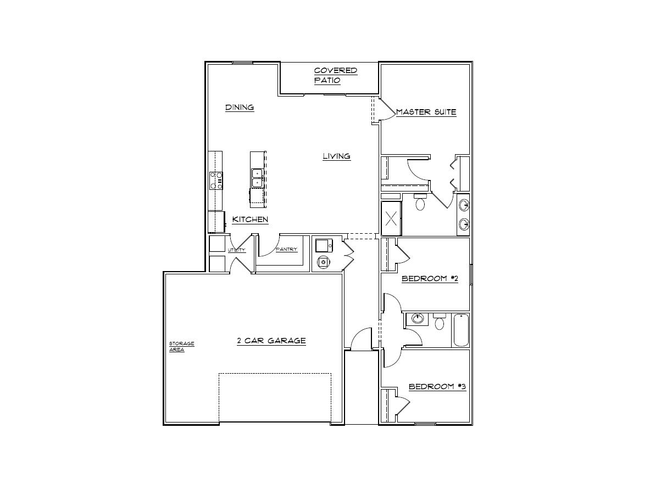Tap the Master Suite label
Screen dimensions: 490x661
(x=426, y=112)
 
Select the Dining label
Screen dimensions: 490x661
(x=240, y=107)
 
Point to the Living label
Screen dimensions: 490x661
(x=336, y=156)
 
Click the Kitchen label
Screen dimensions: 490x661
(x=250, y=219)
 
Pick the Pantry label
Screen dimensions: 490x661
(x=286, y=249)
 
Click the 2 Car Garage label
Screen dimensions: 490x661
(x=271, y=341)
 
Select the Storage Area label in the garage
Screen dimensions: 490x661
(x=181, y=346)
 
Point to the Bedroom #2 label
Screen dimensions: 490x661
(x=430, y=279)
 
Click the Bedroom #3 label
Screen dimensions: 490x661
(x=437, y=387)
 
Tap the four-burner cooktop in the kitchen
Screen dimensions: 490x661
(x=216, y=180)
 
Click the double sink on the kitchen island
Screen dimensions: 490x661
(x=257, y=178)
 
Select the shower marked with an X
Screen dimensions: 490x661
(x=391, y=219)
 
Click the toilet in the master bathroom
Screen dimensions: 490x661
(x=421, y=203)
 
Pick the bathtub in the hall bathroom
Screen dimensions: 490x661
(x=460, y=330)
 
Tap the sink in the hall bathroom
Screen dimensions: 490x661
(x=418, y=318)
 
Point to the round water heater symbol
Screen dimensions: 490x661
(x=324, y=262)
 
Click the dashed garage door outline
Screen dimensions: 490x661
(x=275, y=398)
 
